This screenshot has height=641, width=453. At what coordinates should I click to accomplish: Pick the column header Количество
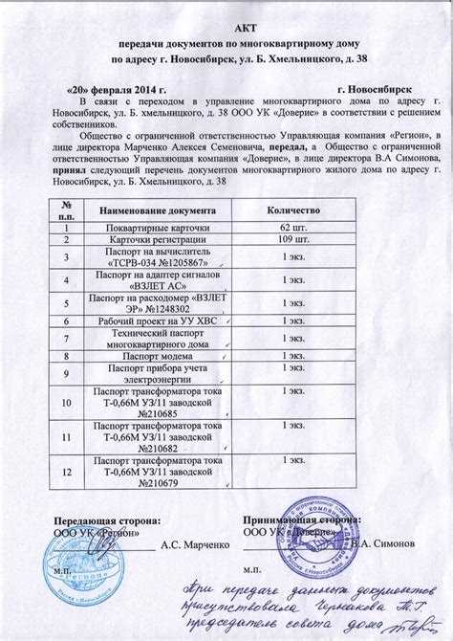pos(293,210)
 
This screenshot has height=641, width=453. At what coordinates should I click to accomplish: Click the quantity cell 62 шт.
pos(293,227)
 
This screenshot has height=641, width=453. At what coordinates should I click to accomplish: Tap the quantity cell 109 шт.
pos(293,239)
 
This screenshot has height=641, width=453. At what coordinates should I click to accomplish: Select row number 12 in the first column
pos(66,473)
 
